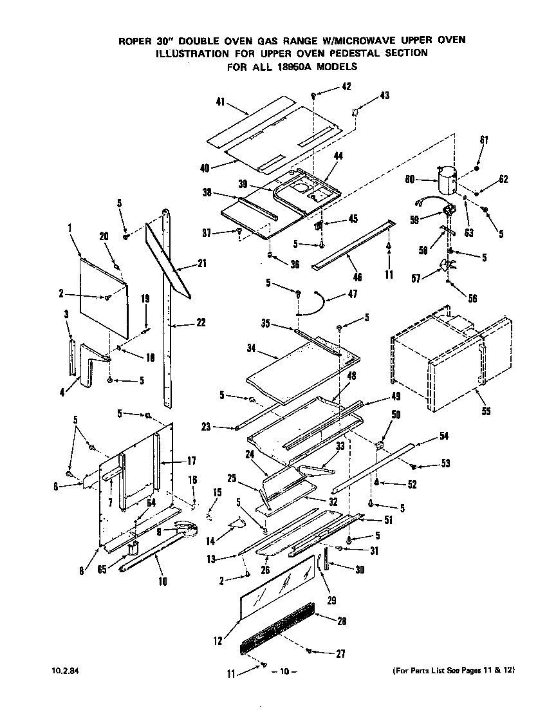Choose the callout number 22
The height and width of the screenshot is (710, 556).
(201, 322)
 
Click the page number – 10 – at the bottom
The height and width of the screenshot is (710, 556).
(284, 672)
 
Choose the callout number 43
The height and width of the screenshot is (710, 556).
(384, 95)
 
